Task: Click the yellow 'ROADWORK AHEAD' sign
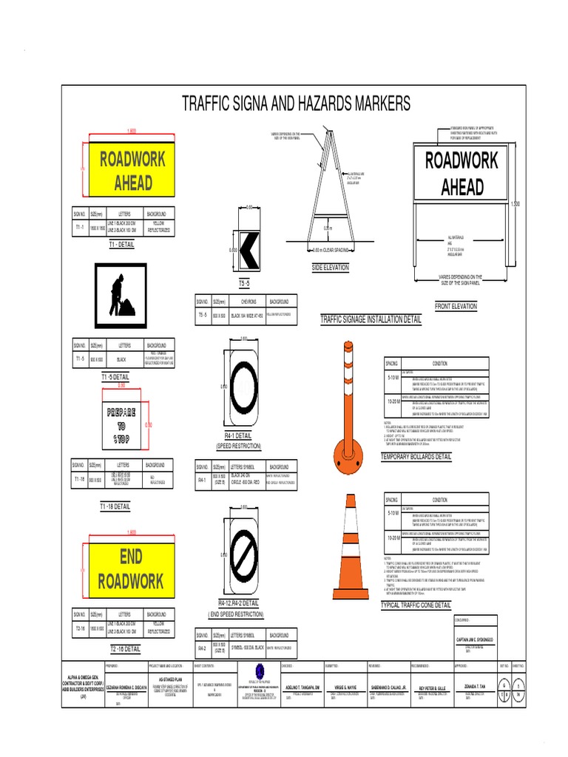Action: coord(132,170)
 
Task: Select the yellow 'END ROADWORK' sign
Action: coord(132,568)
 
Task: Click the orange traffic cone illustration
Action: coord(348,551)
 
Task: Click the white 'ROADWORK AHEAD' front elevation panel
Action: coord(461,173)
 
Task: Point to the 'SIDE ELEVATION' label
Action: coord(330,268)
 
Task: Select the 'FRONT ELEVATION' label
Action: coord(455,306)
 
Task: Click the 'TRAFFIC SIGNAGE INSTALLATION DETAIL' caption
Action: coord(371,320)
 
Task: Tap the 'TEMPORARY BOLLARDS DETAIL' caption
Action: coord(415,457)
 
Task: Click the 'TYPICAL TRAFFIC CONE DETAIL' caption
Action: coord(415,605)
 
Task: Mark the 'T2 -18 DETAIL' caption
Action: coord(125,648)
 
